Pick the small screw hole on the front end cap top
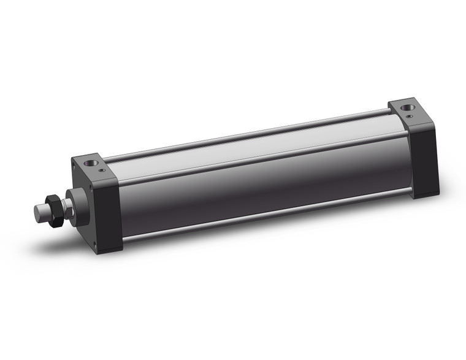tap(102, 170)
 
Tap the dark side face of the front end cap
tap(110, 215)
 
